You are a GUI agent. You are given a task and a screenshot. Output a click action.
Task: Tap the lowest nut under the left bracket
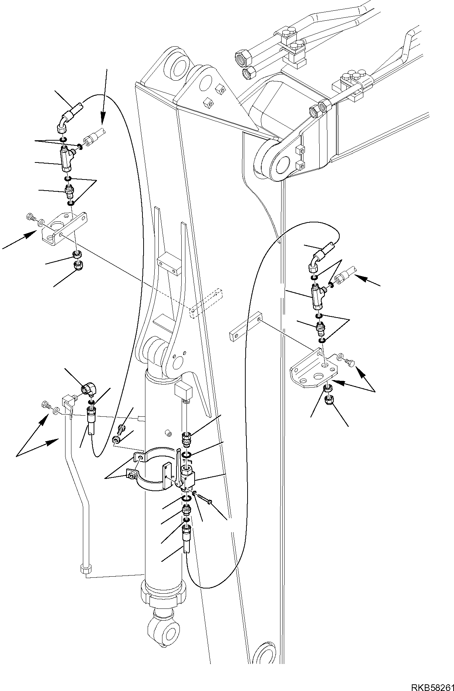point(78,266)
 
